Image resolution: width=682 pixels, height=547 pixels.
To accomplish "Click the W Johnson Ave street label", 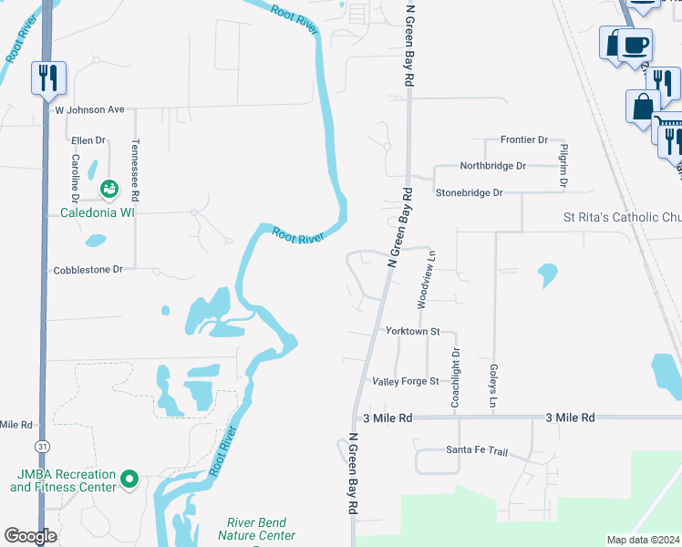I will (x=89, y=109).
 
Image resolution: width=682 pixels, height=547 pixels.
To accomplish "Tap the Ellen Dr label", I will (x=89, y=141).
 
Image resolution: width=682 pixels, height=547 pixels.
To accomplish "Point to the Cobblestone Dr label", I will (x=88, y=270).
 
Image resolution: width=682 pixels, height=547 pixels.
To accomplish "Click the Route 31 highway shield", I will (x=42, y=446).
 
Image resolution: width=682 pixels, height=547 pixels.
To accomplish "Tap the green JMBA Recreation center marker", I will (x=129, y=479).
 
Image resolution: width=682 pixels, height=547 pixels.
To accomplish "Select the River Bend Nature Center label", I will (x=253, y=530).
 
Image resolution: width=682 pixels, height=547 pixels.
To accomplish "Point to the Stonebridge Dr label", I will (x=469, y=193).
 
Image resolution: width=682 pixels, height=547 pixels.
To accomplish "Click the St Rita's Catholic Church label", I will (x=621, y=219).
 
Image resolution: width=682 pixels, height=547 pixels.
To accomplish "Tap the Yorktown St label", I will (x=413, y=331).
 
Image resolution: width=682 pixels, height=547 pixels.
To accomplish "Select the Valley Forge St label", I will (x=406, y=381).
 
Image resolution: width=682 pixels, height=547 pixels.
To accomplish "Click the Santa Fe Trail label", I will (x=476, y=450).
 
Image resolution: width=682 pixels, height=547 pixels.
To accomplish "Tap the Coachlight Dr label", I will (x=455, y=377).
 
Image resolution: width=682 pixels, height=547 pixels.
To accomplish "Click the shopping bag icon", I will (x=642, y=106).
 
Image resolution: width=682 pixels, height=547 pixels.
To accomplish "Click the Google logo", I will (x=31, y=536).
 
